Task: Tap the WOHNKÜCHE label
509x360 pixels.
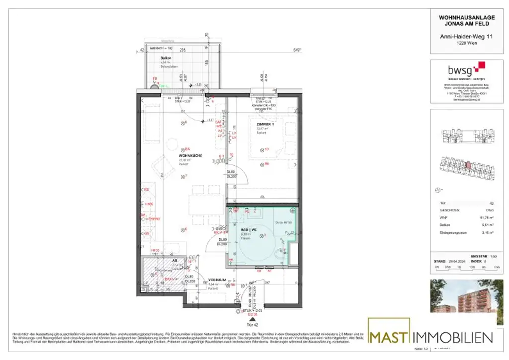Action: pyautogui.click(x=190, y=156)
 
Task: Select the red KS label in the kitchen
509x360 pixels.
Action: pyautogui.click(x=147, y=190)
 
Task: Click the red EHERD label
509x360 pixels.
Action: pyautogui.click(x=155, y=219)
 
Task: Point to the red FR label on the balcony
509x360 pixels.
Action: pyautogui.click(x=155, y=79)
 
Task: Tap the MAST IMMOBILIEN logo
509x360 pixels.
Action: pyautogui.click(x=430, y=337)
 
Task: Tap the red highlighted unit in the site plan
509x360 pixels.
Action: pyautogui.click(x=468, y=165)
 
